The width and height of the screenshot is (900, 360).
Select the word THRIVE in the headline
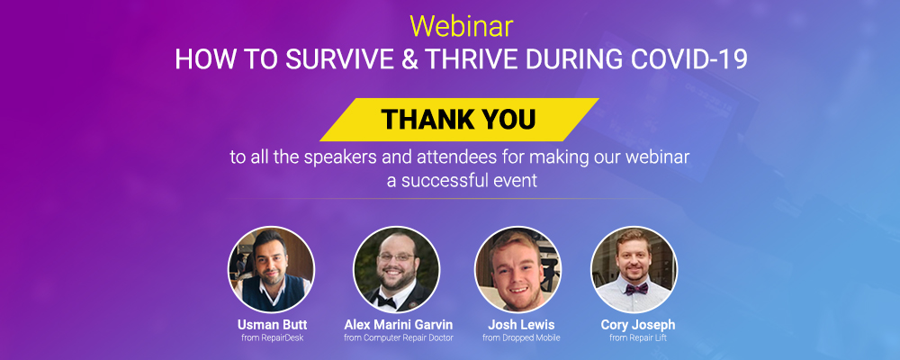tap(464, 60)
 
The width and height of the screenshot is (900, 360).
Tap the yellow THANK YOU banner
tap(458, 120)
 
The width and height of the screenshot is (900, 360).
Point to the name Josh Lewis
tap(521, 323)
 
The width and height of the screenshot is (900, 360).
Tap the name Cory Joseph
tap(638, 323)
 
